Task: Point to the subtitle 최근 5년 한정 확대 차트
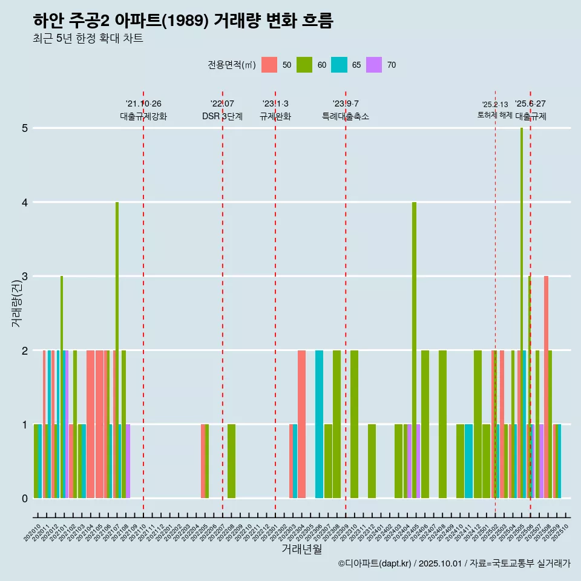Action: point(88,39)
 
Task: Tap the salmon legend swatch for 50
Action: point(269,65)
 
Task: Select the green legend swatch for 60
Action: point(304,65)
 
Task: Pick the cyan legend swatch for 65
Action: point(339,65)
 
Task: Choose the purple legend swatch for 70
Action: point(374,65)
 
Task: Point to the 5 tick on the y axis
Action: point(25,128)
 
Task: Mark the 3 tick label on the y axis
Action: point(25,277)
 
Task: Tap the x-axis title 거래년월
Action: point(301,549)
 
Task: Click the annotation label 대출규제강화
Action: point(143,116)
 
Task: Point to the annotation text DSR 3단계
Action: point(222,116)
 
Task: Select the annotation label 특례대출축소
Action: point(346,116)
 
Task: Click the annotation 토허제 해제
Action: point(494,114)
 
